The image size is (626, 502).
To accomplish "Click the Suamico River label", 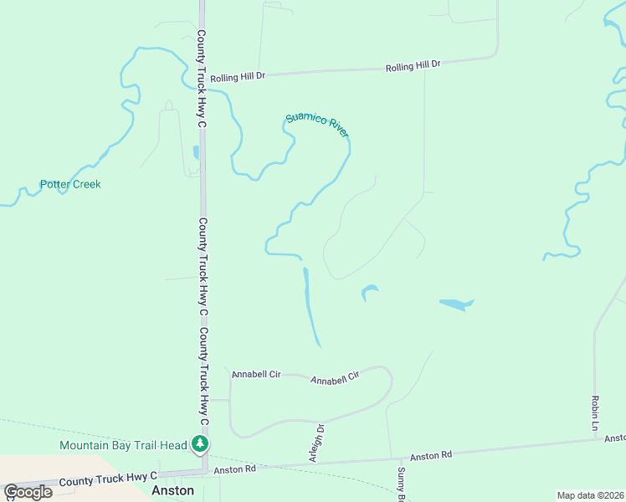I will [317, 125].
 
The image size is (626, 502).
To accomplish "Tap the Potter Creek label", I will [70, 184].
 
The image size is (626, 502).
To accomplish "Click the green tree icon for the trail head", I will [200, 443].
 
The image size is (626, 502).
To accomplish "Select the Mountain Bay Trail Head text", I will [122, 446].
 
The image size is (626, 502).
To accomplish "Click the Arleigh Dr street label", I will [316, 443].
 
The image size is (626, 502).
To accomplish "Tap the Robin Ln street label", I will [595, 413].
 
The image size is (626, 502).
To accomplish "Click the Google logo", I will [28, 492].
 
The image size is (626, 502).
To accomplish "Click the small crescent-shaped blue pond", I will [368, 292].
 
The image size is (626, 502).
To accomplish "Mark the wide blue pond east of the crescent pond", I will [456, 305].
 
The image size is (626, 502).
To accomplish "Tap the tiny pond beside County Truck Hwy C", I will [196, 153].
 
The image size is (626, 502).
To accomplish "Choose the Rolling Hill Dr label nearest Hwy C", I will [238, 77].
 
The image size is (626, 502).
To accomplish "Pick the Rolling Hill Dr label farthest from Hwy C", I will [413, 65].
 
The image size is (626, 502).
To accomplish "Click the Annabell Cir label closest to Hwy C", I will [256, 374].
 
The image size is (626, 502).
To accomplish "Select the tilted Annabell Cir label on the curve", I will [335, 377].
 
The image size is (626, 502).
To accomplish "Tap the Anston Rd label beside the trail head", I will [233, 469].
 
